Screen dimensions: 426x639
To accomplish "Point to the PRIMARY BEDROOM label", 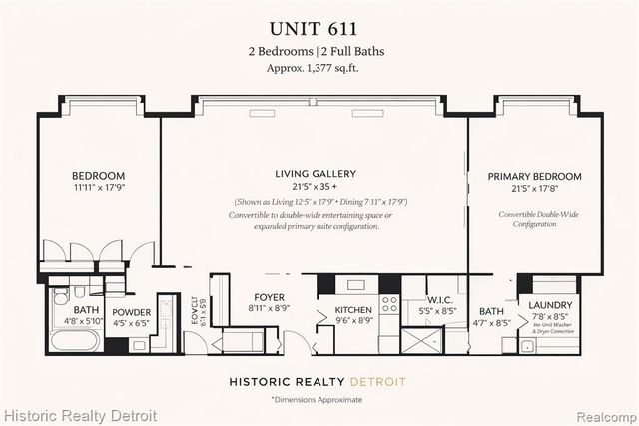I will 534,177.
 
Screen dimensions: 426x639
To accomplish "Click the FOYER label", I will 269,295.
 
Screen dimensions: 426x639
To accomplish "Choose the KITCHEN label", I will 352,310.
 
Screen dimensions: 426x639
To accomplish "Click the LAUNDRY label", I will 551,304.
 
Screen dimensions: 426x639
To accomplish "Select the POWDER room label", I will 131,312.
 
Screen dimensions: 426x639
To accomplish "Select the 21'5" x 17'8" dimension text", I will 534,189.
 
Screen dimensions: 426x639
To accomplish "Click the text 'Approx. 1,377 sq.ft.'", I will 319,68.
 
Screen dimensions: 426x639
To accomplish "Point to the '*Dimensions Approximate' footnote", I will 317,400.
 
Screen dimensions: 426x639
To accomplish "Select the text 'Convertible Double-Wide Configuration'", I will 534,220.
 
